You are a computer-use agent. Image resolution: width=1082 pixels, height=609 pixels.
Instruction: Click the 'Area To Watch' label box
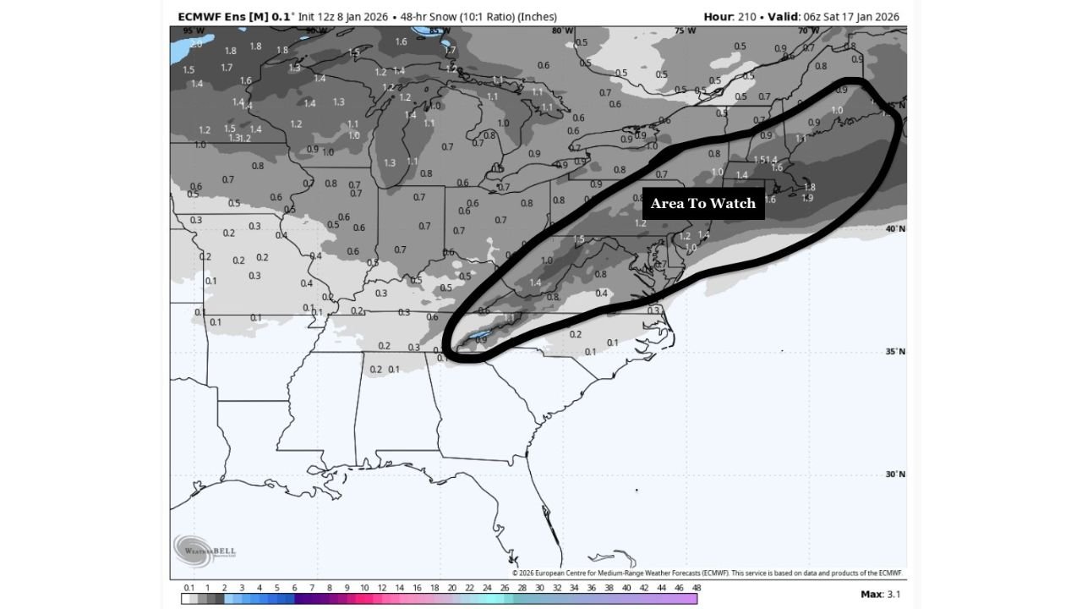click(x=703, y=203)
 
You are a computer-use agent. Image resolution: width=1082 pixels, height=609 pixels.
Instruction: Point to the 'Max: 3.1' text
click(x=881, y=595)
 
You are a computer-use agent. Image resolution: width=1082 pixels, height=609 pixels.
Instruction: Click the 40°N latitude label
click(x=894, y=229)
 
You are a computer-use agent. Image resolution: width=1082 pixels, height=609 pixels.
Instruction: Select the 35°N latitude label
click(x=894, y=352)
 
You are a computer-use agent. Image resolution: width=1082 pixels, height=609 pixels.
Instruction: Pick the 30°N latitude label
click(x=894, y=475)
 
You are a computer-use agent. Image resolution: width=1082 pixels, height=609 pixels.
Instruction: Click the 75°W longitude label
click(x=686, y=31)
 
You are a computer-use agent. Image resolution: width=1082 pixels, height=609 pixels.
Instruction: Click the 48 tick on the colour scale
click(x=697, y=587)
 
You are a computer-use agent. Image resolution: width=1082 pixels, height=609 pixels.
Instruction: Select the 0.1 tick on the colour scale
click(x=189, y=587)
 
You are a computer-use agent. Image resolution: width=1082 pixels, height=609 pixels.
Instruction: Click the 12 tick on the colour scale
click(x=381, y=587)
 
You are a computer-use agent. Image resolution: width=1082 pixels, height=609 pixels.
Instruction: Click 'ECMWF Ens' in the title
click(x=205, y=17)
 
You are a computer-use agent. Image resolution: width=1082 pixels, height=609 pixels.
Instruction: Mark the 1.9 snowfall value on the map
click(x=807, y=198)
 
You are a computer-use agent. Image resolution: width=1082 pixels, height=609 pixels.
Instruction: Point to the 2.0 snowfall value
click(x=196, y=43)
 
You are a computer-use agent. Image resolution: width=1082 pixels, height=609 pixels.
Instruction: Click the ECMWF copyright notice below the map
click(x=708, y=573)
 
